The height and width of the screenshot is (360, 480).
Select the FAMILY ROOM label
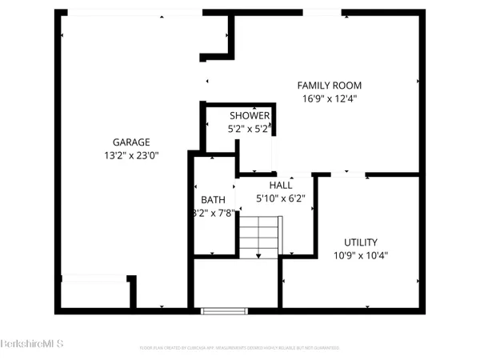(330, 86)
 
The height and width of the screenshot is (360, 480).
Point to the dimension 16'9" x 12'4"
(330, 99)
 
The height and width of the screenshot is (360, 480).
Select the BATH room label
(213, 200)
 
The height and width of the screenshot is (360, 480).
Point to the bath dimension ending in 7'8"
(213, 214)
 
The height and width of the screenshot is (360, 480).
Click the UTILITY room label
(361, 242)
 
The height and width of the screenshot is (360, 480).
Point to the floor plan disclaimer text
(240, 348)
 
